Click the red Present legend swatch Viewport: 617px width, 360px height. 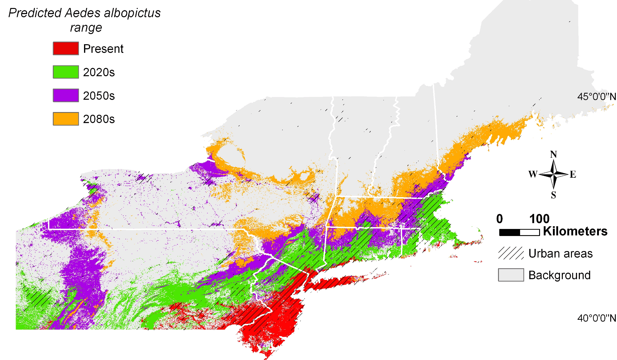click(66, 48)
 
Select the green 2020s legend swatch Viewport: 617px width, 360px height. click(66, 72)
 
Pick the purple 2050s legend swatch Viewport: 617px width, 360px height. click(66, 95)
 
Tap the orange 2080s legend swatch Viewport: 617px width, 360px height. click(66, 119)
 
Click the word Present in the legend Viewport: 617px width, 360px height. click(103, 49)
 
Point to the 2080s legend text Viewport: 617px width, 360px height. click(99, 119)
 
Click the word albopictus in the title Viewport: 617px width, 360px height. click(132, 13)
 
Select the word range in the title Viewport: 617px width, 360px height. click(86, 28)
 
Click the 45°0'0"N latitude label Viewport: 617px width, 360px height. click(596, 97)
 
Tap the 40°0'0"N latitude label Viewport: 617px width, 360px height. click(596, 318)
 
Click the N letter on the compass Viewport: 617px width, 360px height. click(554, 154)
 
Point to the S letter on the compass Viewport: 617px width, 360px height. click(554, 195)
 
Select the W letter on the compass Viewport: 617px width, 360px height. click(533, 174)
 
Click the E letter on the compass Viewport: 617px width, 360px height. click(573, 174)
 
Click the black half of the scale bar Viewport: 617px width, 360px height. click(510, 232)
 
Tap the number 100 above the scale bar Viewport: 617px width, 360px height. click(539, 219)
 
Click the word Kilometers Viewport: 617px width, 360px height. click(575, 231)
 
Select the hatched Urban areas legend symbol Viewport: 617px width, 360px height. click(511, 254)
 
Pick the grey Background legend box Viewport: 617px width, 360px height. click(511, 275)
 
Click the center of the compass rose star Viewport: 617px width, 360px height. click(554, 174)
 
